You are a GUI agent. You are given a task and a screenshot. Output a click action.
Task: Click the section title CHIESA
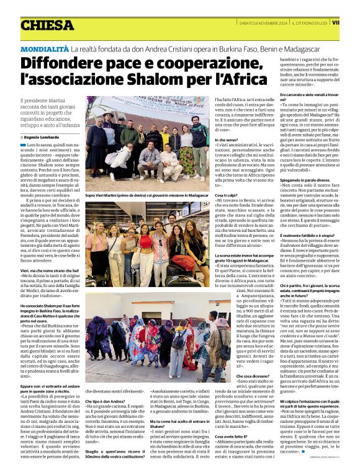47,25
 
